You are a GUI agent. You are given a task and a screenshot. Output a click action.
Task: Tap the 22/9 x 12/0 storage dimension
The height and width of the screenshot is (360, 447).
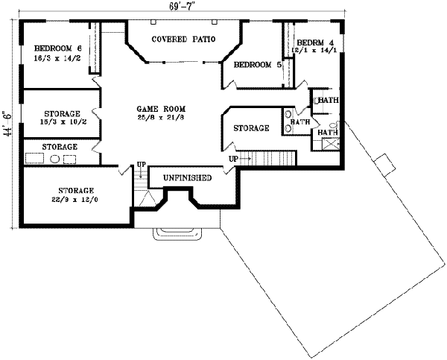click(72, 200)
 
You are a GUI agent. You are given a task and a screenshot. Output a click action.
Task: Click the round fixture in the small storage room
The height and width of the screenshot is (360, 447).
click(54, 159)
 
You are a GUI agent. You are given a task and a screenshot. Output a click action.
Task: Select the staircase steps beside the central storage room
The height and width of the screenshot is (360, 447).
click(271, 159)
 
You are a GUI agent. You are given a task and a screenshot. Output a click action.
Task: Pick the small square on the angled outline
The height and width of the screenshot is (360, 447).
click(383, 162)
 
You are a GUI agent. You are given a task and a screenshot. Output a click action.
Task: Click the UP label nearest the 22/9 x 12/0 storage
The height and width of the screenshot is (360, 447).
click(141, 165)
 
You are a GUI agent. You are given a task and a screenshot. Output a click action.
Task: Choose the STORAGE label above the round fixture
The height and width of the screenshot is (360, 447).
click(60, 147)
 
